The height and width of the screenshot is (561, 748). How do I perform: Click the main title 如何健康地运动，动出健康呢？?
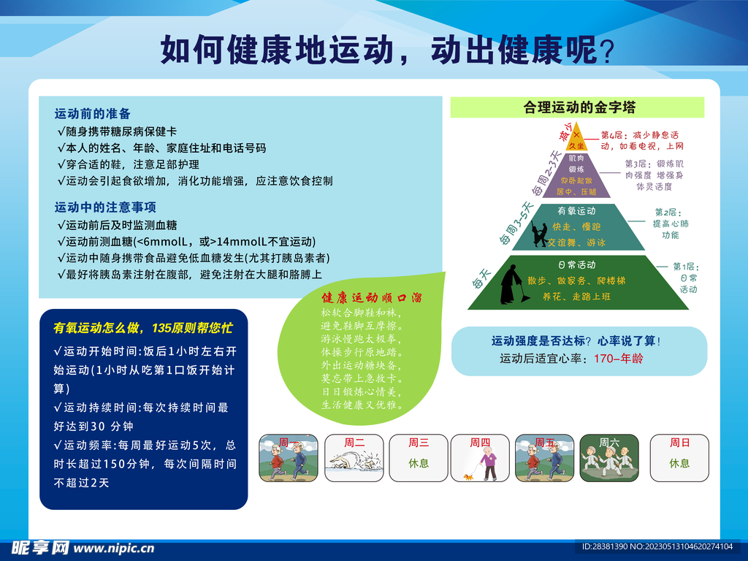pos(387,50)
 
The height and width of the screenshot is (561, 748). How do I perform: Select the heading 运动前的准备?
pos(93,113)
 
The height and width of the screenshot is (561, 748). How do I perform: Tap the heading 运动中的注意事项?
pos(105,207)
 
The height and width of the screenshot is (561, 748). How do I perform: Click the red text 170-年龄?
pos(618,359)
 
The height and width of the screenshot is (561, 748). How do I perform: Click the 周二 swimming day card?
pos(354,458)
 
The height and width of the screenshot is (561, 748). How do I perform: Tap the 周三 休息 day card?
pos(419,458)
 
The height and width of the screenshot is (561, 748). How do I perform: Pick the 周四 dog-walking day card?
pos(480,458)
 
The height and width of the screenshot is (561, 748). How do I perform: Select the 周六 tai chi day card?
pos(608,458)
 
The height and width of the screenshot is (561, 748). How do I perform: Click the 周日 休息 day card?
pos(679,458)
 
